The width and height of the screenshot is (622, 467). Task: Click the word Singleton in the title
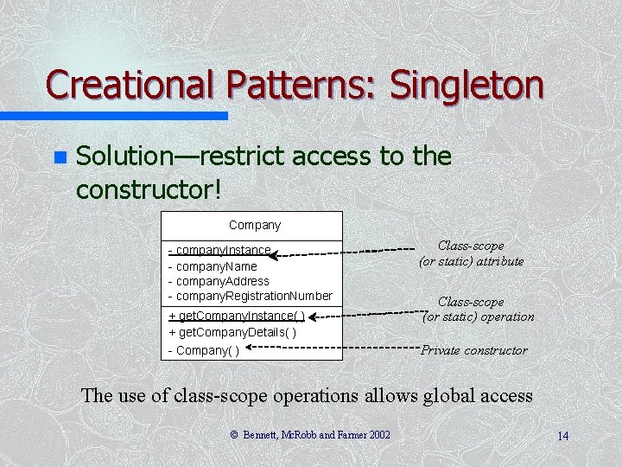[x=466, y=85]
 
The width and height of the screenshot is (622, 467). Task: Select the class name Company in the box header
[x=255, y=225]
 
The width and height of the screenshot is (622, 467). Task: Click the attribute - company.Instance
[x=220, y=251]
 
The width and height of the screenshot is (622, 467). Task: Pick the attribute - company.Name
[x=213, y=266]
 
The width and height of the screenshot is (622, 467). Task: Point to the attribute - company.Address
[x=219, y=281]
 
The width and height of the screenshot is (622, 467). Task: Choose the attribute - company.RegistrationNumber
[x=250, y=296]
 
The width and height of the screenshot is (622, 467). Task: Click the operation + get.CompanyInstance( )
[x=237, y=317]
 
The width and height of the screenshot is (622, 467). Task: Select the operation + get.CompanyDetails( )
[x=232, y=333]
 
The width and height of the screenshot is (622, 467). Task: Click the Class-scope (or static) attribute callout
[x=471, y=253]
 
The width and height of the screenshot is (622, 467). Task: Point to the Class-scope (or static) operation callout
[x=478, y=310]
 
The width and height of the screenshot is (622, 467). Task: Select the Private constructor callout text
[x=473, y=350]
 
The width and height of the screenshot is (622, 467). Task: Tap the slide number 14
[x=562, y=436]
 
